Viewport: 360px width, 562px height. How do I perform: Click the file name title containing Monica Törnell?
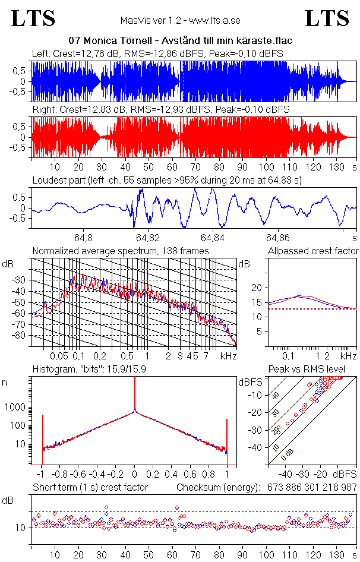coord(181,40)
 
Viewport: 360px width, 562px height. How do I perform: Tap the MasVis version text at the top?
coord(181,20)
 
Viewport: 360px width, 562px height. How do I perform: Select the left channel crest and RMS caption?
coord(157,53)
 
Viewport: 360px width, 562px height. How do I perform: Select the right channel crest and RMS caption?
coord(160,110)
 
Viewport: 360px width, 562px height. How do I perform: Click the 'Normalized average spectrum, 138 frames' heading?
coord(121,251)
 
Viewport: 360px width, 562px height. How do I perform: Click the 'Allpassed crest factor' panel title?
coord(313,251)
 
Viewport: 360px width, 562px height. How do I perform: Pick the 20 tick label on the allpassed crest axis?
coord(257,288)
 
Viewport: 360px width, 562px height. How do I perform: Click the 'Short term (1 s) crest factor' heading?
coord(90,487)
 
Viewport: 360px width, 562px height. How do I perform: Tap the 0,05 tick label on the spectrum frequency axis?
coord(59,356)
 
